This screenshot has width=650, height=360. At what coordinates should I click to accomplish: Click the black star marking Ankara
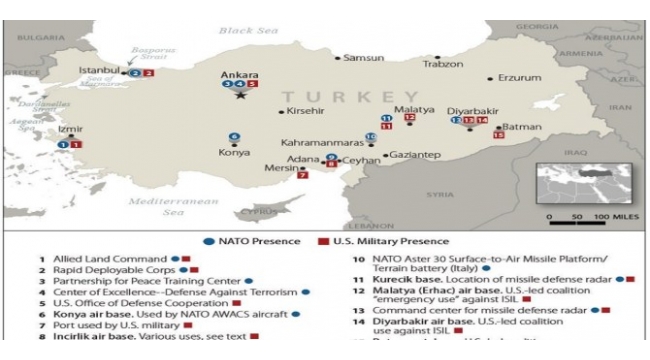point(240,96)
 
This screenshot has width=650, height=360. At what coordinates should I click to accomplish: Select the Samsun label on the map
point(363,58)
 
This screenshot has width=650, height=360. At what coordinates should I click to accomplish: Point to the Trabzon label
point(443,63)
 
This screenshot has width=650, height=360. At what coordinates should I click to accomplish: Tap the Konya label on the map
point(234,153)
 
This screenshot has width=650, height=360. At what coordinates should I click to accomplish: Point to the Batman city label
point(520,127)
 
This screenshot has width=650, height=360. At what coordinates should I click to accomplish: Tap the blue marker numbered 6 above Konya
point(234,136)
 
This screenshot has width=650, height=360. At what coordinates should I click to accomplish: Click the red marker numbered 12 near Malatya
point(409,117)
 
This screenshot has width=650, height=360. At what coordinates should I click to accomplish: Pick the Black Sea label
point(244,31)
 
